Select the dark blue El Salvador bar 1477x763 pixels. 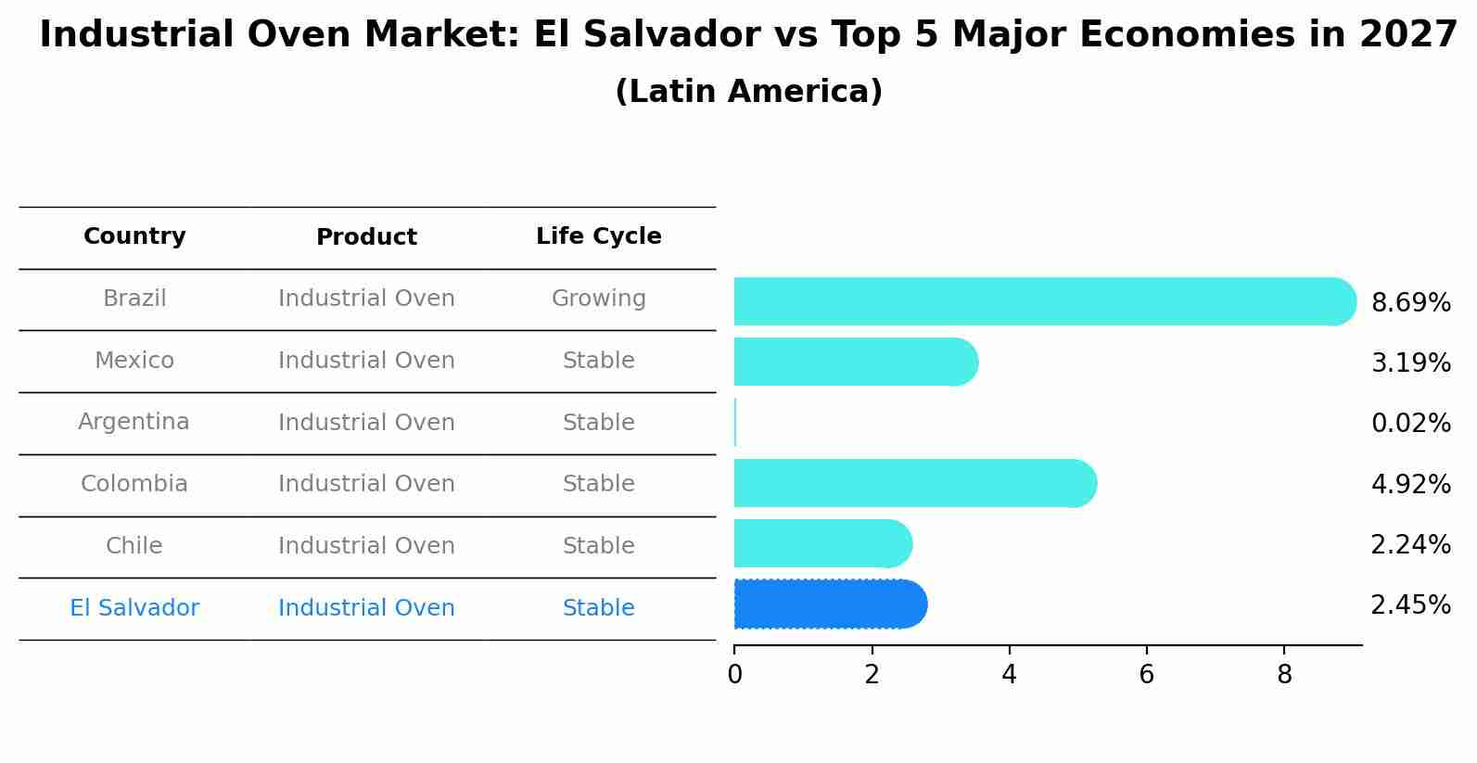point(830,604)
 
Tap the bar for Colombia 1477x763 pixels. point(913,483)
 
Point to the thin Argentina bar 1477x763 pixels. point(735,423)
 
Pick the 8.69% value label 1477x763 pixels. point(1410,303)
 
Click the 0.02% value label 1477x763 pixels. point(1410,424)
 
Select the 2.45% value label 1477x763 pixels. point(1410,605)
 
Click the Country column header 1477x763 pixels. point(134,236)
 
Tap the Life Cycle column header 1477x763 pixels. point(598,236)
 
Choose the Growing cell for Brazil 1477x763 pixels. point(598,299)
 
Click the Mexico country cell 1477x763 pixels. point(134,361)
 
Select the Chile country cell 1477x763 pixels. point(134,546)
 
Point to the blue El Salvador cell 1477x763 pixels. point(134,608)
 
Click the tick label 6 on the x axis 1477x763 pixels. point(1146,675)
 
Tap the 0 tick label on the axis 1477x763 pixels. point(734,675)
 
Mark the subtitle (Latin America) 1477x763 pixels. point(748,92)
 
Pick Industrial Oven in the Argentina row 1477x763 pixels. point(366,423)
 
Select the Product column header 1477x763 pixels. point(366,237)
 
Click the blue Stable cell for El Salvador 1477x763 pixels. point(598,608)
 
